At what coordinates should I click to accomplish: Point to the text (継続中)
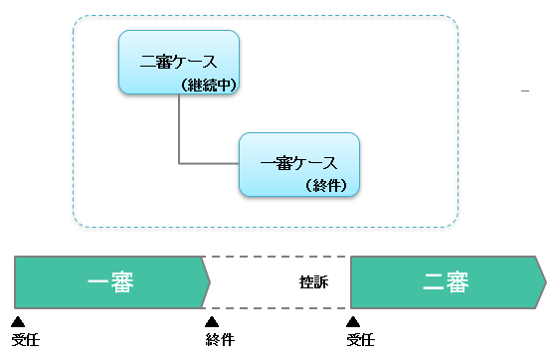(210, 86)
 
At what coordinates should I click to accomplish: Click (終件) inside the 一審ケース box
(329, 185)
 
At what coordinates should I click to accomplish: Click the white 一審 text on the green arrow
(110, 281)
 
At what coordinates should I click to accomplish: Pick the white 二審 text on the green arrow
(446, 281)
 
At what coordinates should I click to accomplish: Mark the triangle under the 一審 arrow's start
(18, 321)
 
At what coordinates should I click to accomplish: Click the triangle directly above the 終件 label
(211, 321)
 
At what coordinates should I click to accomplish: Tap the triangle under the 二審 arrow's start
(352, 321)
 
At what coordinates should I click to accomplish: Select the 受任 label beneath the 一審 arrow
(25, 340)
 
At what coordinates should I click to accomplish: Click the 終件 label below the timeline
(220, 340)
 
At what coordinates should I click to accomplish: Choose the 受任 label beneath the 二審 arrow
(360, 340)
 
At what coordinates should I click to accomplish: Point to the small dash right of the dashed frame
(524, 91)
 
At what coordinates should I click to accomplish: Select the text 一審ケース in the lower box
(298, 163)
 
